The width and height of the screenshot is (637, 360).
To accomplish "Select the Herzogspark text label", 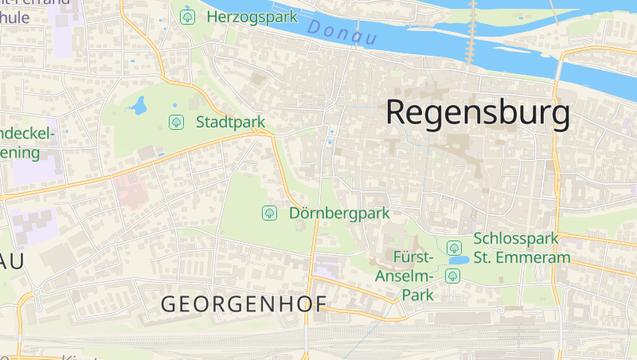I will [x=240, y=16].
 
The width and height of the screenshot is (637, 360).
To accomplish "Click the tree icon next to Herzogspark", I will [x=188, y=16].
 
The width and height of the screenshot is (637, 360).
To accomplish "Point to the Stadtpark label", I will [x=230, y=122].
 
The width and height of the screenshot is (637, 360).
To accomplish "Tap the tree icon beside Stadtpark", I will [x=176, y=122].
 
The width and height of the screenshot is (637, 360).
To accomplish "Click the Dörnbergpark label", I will [x=339, y=213].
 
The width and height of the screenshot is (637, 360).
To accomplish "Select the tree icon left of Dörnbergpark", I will [x=269, y=213].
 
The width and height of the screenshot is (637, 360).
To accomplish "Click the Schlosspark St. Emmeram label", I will [x=522, y=248].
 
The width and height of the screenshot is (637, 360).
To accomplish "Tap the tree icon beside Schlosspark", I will [x=454, y=247].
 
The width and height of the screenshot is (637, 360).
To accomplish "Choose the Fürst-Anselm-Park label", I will [x=413, y=276].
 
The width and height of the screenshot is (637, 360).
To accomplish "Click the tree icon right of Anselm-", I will [x=452, y=276].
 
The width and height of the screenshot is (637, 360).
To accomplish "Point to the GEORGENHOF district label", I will [x=244, y=303].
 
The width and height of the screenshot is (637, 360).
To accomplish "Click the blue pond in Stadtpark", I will [x=139, y=105].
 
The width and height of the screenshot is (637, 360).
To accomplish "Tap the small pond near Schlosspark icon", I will [x=458, y=260].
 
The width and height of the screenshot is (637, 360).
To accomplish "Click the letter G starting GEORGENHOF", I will [x=169, y=303].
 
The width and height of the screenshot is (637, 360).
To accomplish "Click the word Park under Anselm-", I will [x=416, y=295].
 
